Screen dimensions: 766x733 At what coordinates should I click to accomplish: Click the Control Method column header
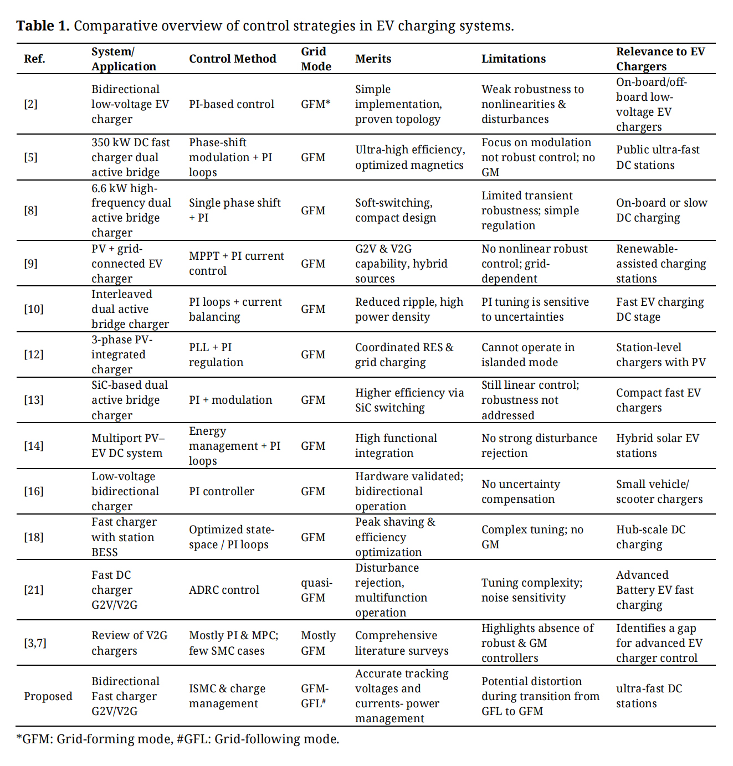pyautogui.click(x=232, y=59)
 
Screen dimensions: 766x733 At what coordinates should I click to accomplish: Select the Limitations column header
pyautogui.click(x=513, y=59)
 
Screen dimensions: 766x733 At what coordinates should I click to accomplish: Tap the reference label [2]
pyautogui.click(x=31, y=104)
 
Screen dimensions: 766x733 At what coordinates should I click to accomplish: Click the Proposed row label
pyautogui.click(x=48, y=696)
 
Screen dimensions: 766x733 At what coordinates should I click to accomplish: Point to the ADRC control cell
pyautogui.click(x=224, y=590)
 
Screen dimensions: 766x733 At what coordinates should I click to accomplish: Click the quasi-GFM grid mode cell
pyautogui.click(x=316, y=590)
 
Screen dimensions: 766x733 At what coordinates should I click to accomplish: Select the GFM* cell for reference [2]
pyautogui.click(x=315, y=104)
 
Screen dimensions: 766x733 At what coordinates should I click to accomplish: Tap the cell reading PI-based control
pyautogui.click(x=231, y=104)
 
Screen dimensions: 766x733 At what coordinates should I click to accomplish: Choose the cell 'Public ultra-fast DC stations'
pyautogui.click(x=658, y=157)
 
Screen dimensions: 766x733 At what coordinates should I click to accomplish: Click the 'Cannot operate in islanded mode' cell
pyautogui.click(x=527, y=354)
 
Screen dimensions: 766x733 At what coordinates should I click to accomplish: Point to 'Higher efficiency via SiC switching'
pyautogui.click(x=409, y=400)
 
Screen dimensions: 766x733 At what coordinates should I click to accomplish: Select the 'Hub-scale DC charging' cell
pyautogui.click(x=650, y=537)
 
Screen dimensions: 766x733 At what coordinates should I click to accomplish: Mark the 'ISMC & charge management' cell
pyautogui.click(x=227, y=696)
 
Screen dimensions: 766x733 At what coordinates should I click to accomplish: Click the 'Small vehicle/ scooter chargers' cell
pyautogui.click(x=659, y=491)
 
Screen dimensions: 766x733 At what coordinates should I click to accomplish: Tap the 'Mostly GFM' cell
pyautogui.click(x=318, y=643)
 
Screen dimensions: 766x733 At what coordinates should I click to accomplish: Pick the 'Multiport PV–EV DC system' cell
pyautogui.click(x=128, y=445)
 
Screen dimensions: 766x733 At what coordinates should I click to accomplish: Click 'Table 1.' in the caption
pyautogui.click(x=43, y=26)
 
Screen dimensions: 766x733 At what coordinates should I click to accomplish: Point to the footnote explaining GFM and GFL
pyautogui.click(x=177, y=739)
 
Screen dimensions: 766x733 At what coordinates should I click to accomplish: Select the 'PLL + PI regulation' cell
pyautogui.click(x=216, y=354)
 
